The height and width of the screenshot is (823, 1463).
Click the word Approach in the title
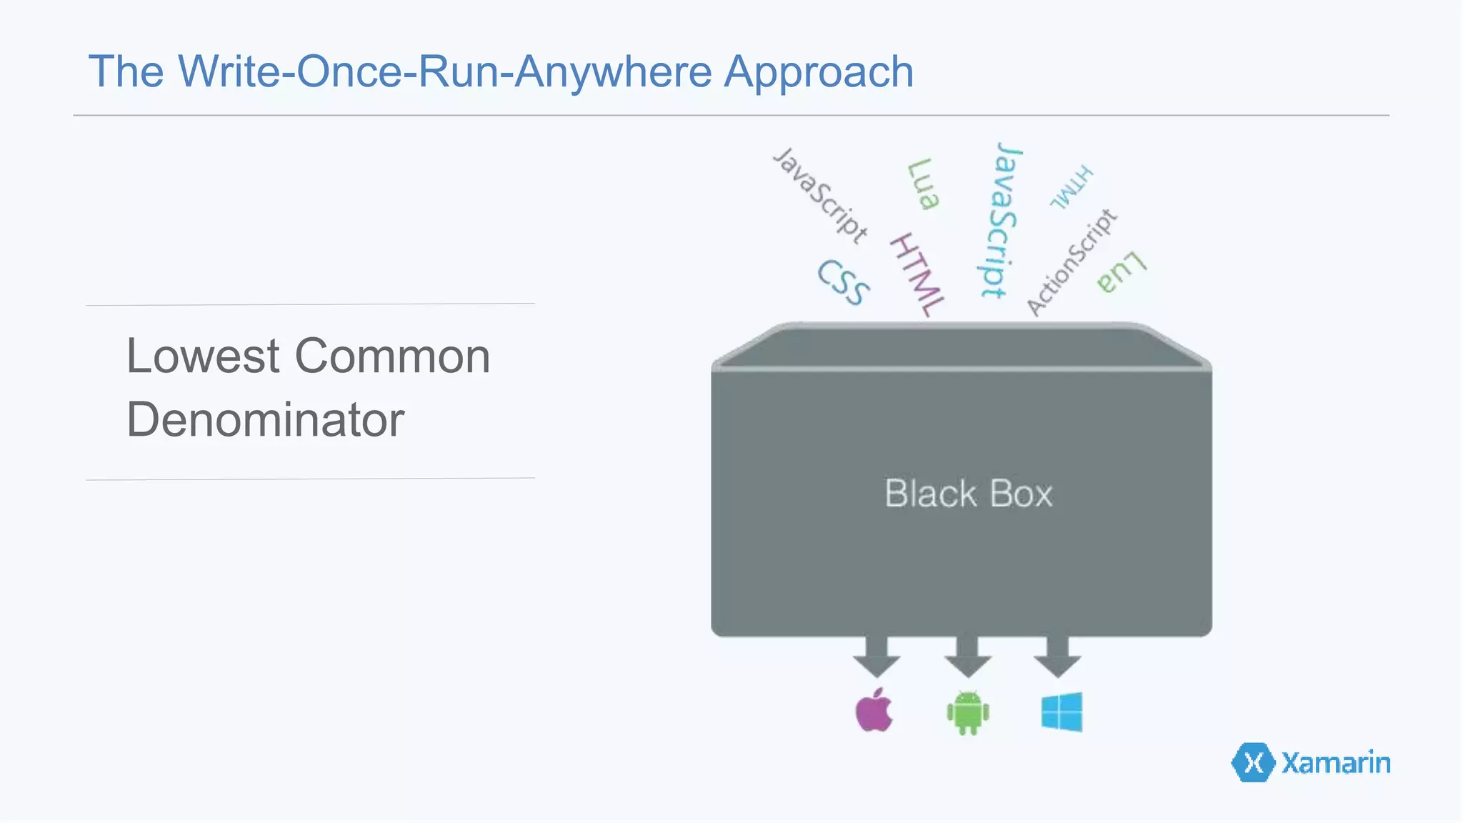(x=819, y=72)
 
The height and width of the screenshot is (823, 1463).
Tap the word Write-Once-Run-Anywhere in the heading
(x=444, y=72)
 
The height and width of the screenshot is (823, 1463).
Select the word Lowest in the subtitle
(x=203, y=356)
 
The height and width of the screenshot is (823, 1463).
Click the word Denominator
(x=265, y=420)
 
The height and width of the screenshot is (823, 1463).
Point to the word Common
(x=392, y=356)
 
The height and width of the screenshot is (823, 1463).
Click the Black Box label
(x=968, y=494)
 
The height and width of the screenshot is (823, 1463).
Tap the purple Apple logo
(x=874, y=711)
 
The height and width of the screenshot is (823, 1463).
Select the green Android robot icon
(x=967, y=712)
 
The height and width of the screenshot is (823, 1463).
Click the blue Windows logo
(x=1062, y=712)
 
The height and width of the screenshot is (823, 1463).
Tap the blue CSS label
(x=844, y=282)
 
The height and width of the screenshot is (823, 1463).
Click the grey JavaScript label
(x=822, y=194)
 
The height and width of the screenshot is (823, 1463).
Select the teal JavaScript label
(x=999, y=220)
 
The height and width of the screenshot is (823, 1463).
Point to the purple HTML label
(x=917, y=275)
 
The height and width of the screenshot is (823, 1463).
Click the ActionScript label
(x=1071, y=262)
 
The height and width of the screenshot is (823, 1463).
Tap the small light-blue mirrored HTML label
(x=1071, y=187)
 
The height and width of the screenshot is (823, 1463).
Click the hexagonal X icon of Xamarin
(x=1253, y=763)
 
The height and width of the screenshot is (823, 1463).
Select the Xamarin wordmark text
(x=1336, y=763)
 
